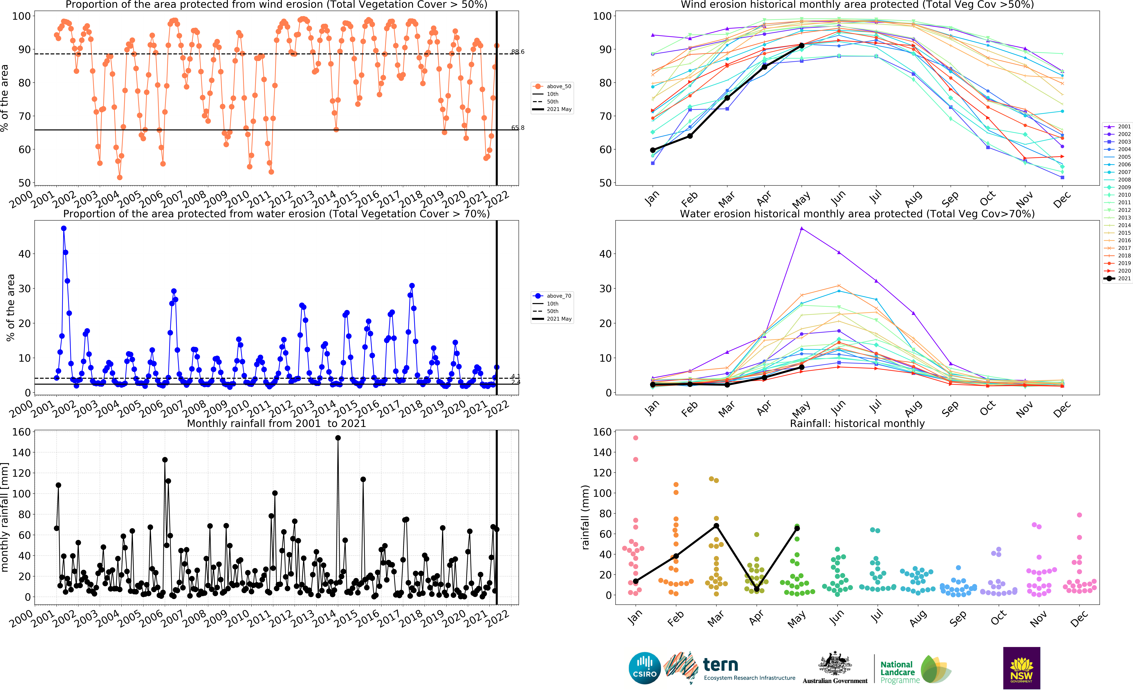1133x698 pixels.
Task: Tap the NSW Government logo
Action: pos(1021,668)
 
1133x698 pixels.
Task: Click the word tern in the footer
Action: pos(720,665)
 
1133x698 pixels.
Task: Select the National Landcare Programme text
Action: pos(897,672)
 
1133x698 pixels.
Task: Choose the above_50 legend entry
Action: pos(559,86)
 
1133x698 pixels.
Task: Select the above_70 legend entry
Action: pos(559,296)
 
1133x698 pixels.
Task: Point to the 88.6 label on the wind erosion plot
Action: pos(518,52)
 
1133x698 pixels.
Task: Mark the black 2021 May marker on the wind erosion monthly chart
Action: pos(802,46)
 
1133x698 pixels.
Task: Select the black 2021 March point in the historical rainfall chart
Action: pos(716,526)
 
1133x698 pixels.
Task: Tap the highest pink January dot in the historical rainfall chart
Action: pos(636,438)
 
